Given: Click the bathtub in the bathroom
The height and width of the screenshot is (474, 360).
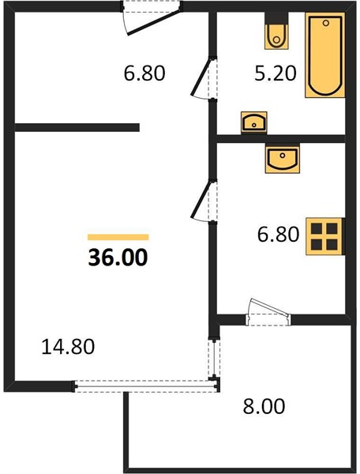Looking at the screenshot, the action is (325, 55).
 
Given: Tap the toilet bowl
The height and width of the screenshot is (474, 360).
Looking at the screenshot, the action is (276, 37).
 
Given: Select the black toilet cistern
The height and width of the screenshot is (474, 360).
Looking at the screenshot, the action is (276, 18).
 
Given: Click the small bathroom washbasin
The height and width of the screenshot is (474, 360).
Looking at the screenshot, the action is (254, 122).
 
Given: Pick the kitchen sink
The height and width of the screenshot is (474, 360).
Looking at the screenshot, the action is (283, 159).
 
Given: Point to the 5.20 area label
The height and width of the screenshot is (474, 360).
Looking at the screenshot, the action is (276, 73).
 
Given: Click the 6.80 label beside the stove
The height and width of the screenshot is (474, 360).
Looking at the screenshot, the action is (278, 235).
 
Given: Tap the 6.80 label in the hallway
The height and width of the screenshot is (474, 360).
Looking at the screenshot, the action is (144, 73).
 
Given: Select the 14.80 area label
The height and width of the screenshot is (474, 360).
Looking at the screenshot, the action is (68, 347).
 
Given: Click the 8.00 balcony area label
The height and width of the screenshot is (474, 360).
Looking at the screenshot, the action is (264, 406).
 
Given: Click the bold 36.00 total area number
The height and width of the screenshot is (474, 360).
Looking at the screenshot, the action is (118, 258).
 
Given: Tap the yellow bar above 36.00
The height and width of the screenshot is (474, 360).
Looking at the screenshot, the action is (118, 237).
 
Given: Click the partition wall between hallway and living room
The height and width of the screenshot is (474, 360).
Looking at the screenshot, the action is (77, 127).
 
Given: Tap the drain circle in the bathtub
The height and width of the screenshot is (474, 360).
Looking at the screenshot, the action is (325, 23).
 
